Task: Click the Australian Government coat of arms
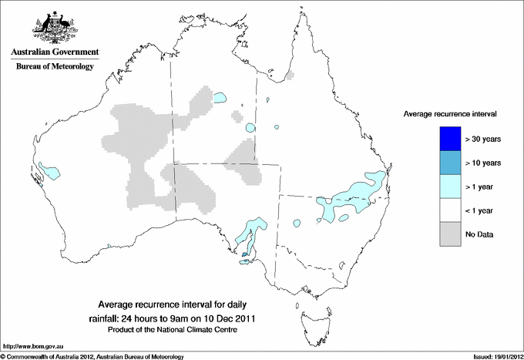(x=54, y=26)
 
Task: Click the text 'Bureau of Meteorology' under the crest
(x=54, y=67)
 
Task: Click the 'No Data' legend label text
(x=480, y=234)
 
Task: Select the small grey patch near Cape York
(x=291, y=76)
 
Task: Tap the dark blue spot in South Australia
(x=245, y=252)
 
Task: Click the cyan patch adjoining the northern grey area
(x=220, y=99)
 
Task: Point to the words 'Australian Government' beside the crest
(x=54, y=53)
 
